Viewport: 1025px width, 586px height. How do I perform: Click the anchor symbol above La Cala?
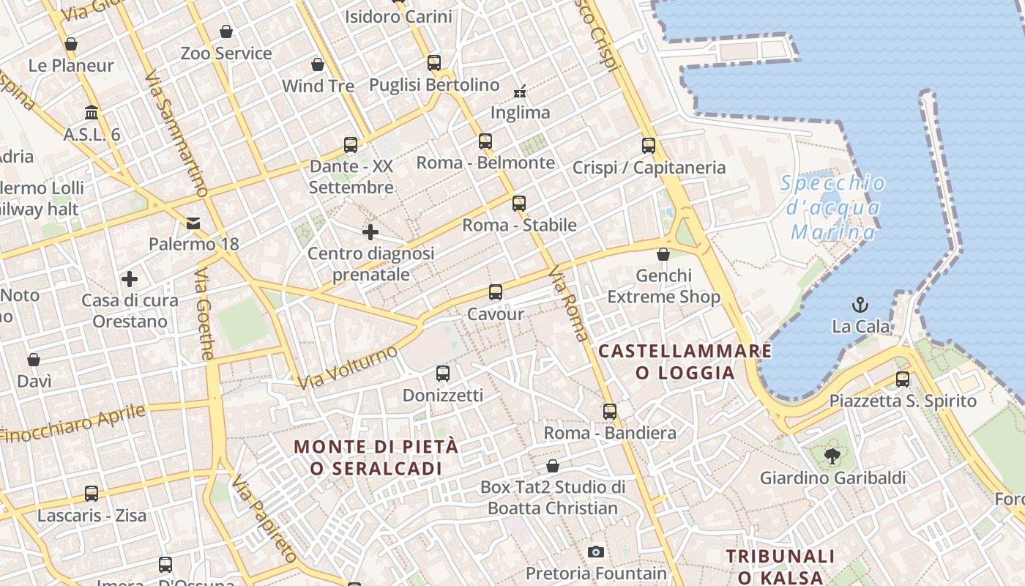860,305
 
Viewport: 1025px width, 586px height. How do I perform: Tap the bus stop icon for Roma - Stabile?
519,204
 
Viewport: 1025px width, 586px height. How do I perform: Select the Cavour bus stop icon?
496,292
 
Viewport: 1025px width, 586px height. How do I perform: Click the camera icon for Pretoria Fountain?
596,552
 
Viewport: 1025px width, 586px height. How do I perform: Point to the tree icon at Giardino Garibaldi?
832,457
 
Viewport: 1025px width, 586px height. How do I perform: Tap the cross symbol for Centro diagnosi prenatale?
370,232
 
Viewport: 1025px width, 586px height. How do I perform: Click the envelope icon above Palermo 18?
193,223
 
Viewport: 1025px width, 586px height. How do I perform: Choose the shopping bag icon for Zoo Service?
226,31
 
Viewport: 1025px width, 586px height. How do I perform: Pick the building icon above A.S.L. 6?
92,113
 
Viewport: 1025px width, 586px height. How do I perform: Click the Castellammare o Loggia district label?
685,362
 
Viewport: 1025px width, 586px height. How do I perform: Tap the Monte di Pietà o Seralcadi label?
376,457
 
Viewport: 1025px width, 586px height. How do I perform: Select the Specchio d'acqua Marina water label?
832,208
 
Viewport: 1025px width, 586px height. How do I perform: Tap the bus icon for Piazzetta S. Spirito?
903,379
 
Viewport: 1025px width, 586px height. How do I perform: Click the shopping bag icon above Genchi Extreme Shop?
663,254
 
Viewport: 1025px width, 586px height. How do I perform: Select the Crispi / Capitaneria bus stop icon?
649,146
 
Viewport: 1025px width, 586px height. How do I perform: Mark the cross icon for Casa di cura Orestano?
130,279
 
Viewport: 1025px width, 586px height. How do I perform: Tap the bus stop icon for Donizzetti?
443,374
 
